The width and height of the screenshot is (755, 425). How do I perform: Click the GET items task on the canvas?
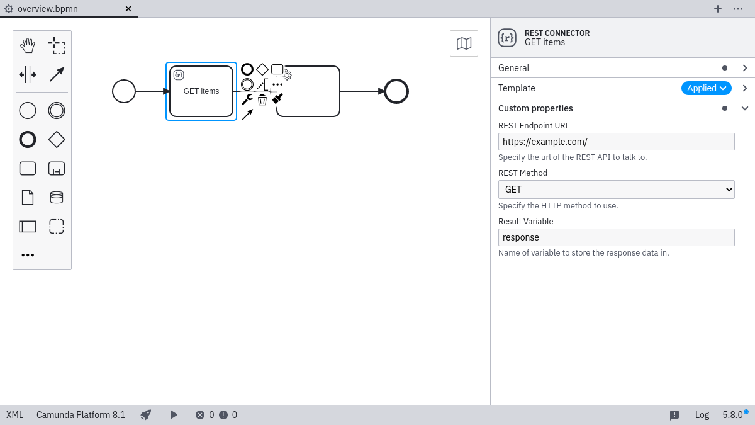[x=201, y=91]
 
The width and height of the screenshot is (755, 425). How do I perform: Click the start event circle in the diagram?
[x=124, y=91]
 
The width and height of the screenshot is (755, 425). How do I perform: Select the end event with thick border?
[x=396, y=91]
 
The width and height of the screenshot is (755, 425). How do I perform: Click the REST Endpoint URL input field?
[x=616, y=142]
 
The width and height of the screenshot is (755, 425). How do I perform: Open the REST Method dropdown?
[x=616, y=190]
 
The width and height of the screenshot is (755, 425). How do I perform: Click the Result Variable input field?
[x=616, y=237]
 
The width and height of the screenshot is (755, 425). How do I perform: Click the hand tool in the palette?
[x=28, y=45]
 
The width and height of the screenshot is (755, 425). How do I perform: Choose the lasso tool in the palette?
[x=57, y=45]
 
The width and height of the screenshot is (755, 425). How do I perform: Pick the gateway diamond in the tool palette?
[x=57, y=140]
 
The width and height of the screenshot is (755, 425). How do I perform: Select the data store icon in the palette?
[x=57, y=198]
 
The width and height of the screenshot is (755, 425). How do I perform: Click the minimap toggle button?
[x=464, y=43]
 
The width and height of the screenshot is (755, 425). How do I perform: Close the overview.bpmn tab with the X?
[x=128, y=9]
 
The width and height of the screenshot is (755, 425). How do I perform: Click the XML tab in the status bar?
[x=14, y=415]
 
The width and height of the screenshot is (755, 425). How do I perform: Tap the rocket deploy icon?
[x=146, y=415]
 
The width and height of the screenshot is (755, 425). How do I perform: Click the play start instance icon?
[x=174, y=415]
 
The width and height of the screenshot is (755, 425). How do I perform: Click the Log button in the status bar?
[x=702, y=415]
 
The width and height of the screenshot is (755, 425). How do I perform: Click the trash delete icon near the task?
[x=262, y=99]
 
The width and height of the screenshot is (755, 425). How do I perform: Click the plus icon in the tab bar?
[x=718, y=9]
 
